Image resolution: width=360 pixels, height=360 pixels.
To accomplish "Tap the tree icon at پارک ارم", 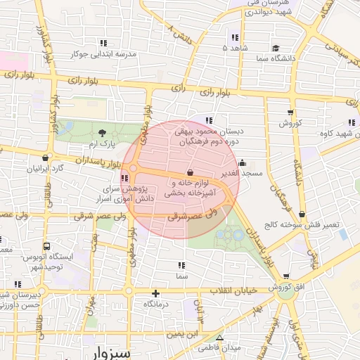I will tap(103, 133).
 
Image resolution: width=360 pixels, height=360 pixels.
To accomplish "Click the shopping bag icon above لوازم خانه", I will tap(189, 173).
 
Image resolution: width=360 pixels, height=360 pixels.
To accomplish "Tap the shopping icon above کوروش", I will tap(290, 112).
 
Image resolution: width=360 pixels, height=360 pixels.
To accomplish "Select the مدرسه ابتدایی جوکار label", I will tap(105, 53).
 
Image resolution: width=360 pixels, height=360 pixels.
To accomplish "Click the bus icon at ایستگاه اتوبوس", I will tap(46, 247).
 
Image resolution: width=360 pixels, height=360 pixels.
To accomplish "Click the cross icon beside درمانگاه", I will tap(155, 293).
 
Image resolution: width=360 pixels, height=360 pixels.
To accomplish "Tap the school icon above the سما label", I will tap(181, 266).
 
